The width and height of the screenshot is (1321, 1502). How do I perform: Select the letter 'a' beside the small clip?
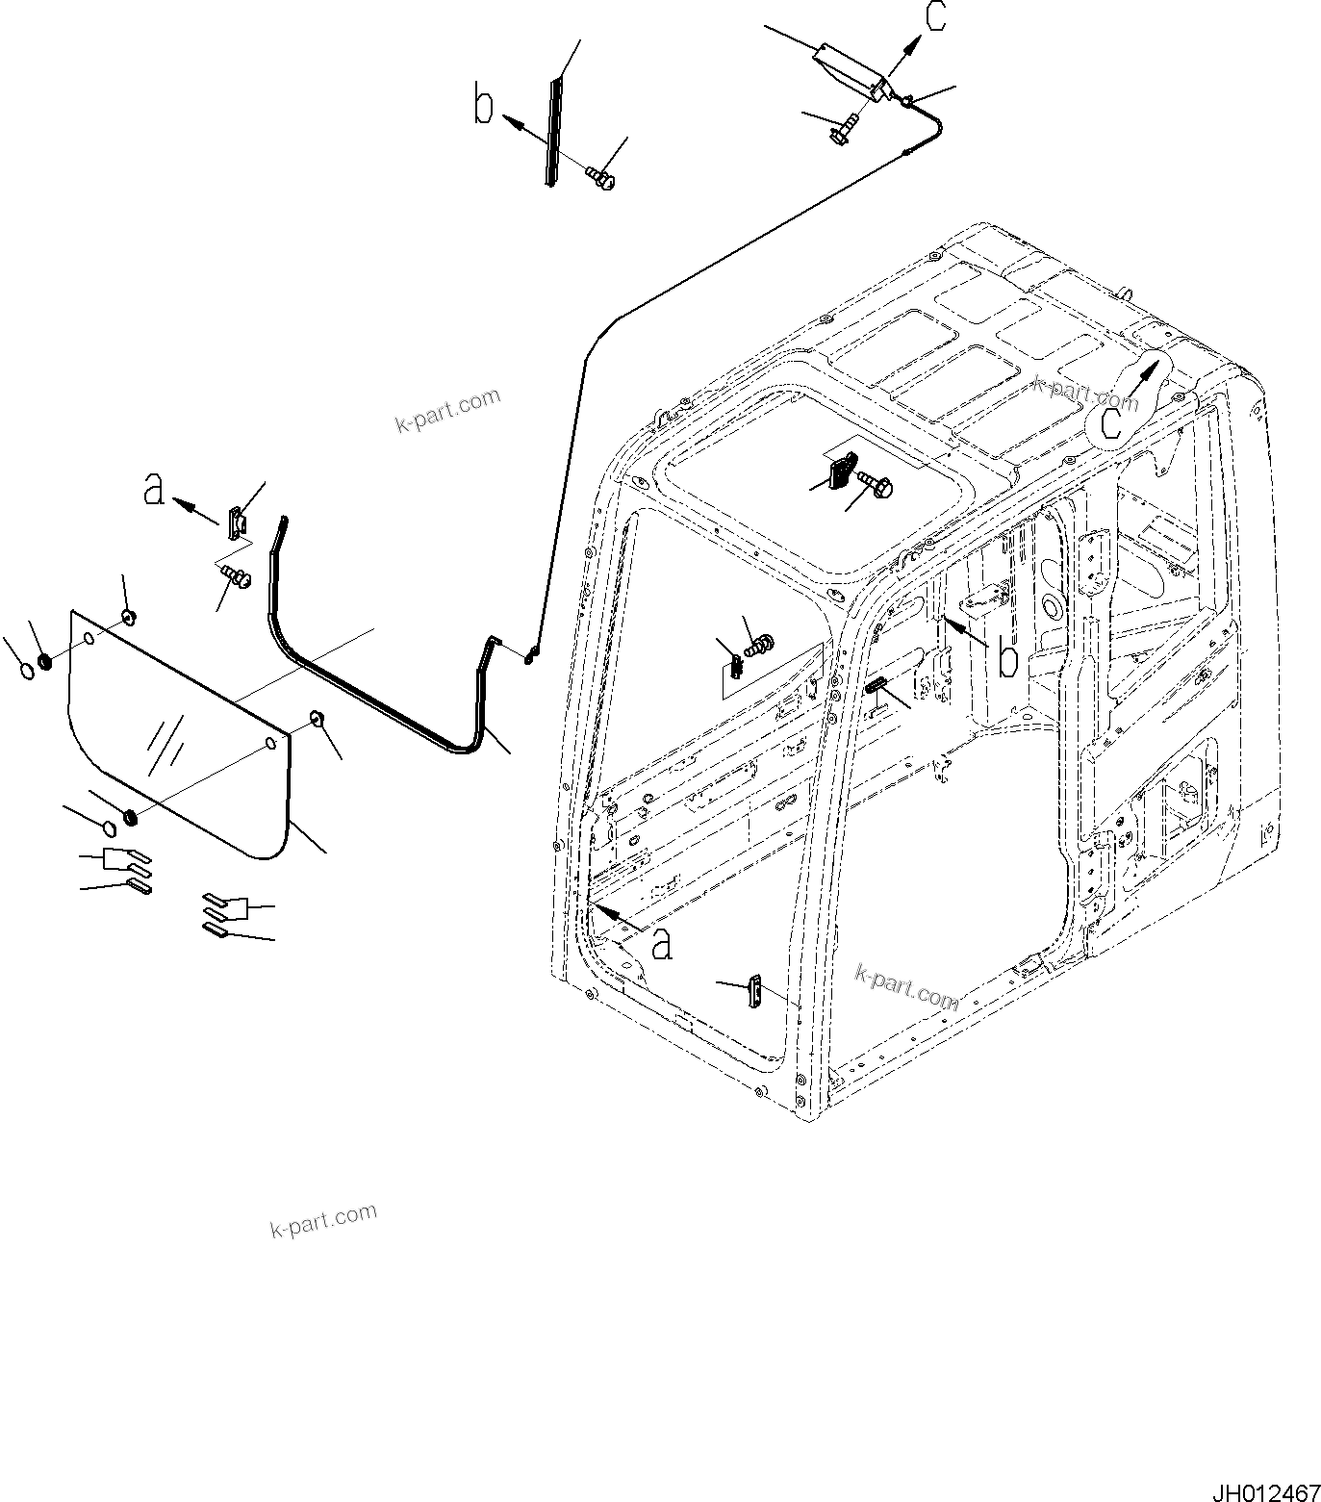tap(153, 489)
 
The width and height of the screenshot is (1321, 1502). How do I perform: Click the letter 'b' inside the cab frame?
tap(1007, 660)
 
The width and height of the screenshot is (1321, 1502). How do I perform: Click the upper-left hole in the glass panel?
tap(89, 638)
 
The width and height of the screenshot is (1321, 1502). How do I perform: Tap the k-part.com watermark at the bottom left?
tap(323, 1220)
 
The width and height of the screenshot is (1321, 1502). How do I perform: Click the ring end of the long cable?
tap(530, 657)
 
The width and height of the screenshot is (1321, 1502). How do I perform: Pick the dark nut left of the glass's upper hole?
tap(44, 663)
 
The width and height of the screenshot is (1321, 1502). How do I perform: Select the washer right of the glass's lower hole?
tap(316, 718)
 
